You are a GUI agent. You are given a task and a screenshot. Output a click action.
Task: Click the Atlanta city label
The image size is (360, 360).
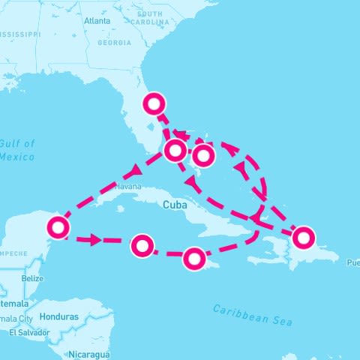tap(97, 22)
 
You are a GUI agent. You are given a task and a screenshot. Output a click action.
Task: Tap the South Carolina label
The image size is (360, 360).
tap(150, 18)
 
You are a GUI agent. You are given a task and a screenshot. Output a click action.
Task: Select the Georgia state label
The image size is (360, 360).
tap(114, 43)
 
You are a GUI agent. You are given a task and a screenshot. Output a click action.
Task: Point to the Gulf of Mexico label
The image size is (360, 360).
tap(16, 150)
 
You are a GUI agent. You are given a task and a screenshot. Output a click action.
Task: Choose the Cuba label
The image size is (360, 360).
tap(172, 203)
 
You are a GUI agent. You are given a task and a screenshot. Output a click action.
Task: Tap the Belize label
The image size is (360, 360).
tap(33, 278)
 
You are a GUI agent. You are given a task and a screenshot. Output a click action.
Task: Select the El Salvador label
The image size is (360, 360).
tap(29, 332)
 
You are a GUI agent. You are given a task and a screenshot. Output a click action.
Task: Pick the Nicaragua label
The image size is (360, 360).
tap(88, 353)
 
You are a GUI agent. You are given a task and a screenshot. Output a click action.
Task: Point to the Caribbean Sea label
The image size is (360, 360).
tap(252, 314)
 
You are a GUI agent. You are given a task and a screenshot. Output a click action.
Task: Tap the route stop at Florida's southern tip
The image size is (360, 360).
tap(175, 150)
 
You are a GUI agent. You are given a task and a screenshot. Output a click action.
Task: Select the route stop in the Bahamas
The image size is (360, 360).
tap(202, 156)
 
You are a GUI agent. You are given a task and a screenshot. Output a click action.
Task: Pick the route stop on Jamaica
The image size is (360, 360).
tap(193, 259)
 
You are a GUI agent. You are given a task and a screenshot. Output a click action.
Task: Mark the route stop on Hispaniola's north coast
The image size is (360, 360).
tap(302, 238)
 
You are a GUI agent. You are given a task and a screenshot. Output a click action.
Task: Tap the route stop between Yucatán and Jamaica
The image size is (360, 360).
tap(142, 244)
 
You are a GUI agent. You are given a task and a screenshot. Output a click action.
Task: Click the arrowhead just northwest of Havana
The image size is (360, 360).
tap(137, 169)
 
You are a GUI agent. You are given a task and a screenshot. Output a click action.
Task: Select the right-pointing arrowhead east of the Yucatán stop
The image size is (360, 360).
tap(94, 240)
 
